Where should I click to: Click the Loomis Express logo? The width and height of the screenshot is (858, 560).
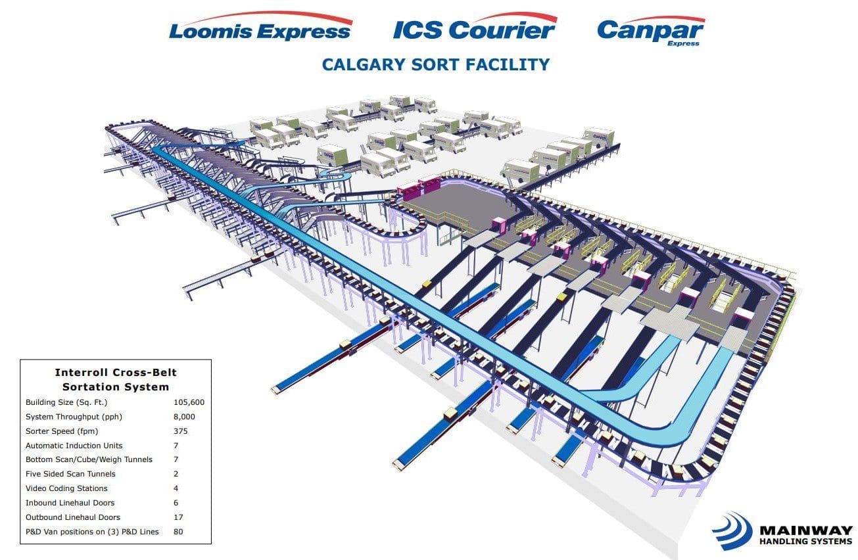260,26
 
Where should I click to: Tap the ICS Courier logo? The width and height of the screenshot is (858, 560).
475,26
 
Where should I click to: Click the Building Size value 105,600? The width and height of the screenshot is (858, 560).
189,402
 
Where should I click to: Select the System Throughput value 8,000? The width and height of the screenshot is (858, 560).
184,417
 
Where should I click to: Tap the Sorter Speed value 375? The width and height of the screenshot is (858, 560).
180,431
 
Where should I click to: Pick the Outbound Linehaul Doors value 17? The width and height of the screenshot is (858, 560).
178,517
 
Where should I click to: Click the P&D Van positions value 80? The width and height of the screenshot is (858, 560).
178,532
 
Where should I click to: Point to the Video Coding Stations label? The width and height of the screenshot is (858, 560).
66,488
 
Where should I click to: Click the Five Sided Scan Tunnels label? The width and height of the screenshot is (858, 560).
70,474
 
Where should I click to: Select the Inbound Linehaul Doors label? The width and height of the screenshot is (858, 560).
70,503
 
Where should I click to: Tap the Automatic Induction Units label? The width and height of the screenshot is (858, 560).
74,446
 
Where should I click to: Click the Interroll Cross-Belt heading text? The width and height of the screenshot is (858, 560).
116,372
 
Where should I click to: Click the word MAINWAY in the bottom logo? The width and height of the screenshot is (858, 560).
806,530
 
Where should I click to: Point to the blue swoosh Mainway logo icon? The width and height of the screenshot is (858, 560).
732,530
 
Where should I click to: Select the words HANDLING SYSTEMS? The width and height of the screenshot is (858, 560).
806,541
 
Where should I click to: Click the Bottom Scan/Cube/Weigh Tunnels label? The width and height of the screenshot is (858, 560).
89,459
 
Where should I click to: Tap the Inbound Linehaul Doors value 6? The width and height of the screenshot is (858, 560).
176,503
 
